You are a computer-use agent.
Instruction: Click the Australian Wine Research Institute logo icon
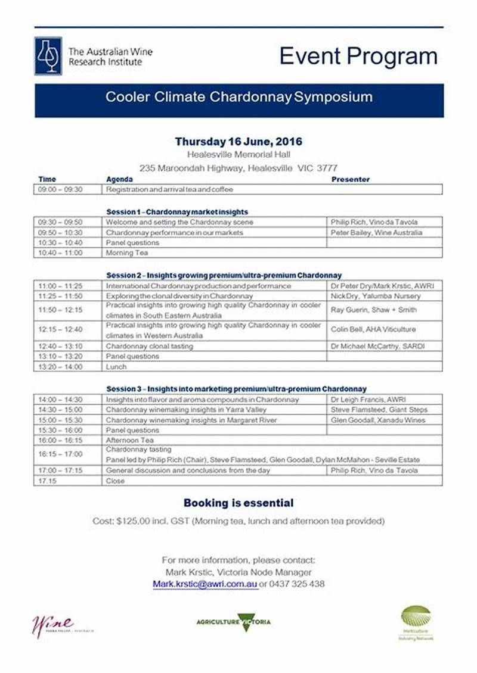coord(48,55)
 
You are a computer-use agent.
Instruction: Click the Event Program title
coord(358,57)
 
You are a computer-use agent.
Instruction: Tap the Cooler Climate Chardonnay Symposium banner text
coord(238,97)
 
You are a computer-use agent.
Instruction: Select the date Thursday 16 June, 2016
coord(238,142)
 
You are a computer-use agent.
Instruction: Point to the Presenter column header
coord(351,179)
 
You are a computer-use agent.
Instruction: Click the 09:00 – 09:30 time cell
coord(60,189)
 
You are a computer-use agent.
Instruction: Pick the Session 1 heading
coord(177,211)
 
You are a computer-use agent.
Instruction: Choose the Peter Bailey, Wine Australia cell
coord(377,232)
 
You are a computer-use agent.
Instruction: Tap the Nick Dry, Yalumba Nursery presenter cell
coord(376,296)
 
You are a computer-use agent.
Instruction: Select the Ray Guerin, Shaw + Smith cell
coord(374,310)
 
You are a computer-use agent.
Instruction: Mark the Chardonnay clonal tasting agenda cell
coord(150,346)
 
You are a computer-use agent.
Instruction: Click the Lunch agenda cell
coord(116,367)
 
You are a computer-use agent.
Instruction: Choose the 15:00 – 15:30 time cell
coord(60,420)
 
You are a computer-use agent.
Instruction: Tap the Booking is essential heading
coord(238,503)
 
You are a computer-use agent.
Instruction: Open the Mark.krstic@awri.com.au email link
coord(205,584)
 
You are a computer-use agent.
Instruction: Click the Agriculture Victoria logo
coord(234,622)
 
